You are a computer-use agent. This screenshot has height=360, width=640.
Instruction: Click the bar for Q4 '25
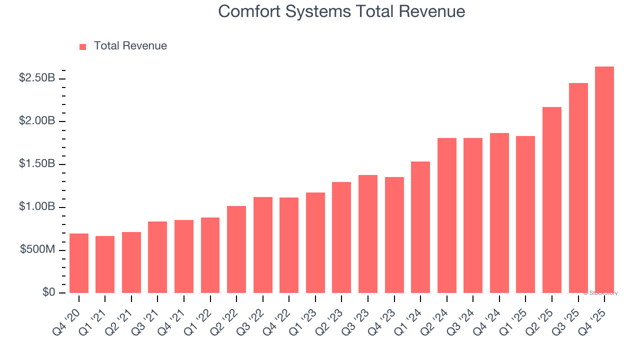[604, 180]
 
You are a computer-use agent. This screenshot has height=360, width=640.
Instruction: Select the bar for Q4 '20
[79, 263]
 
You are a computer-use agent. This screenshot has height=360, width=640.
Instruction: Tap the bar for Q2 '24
[446, 215]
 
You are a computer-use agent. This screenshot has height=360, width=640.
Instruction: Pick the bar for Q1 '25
[525, 214]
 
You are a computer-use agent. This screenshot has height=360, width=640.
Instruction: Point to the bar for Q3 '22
[263, 245]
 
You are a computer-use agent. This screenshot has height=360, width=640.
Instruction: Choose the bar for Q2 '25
[552, 200]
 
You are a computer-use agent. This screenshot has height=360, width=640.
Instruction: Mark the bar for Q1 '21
[105, 264]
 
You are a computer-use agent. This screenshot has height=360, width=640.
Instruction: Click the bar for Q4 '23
[394, 235]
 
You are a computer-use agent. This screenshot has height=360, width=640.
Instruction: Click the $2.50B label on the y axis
[37, 78]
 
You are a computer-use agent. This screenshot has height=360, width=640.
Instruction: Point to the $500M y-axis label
[37, 250]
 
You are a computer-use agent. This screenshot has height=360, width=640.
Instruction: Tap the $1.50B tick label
[37, 164]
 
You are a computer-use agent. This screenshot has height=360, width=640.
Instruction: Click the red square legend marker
[83, 47]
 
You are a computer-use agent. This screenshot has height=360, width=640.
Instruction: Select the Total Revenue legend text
[130, 46]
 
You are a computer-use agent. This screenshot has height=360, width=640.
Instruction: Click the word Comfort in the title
[249, 11]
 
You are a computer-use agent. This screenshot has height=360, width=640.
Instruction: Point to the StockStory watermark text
[600, 293]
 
